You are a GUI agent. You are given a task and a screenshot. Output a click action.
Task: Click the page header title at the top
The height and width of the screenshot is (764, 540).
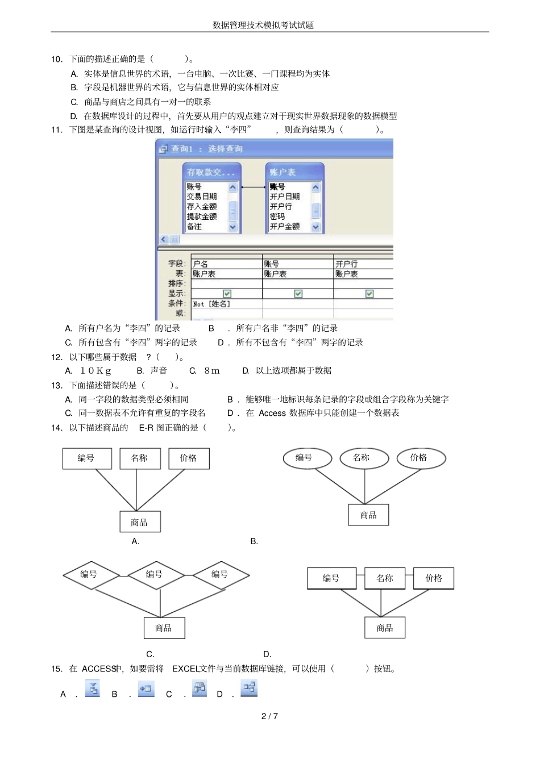(x=263, y=25)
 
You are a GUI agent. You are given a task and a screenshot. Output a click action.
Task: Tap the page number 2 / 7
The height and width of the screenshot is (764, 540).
(x=269, y=716)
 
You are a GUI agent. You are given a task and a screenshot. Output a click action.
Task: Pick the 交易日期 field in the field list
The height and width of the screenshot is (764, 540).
(x=202, y=197)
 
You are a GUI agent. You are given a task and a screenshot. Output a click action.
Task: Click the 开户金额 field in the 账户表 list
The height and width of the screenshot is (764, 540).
(x=285, y=226)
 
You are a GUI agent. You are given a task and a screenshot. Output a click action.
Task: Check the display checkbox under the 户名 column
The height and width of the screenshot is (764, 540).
(x=227, y=294)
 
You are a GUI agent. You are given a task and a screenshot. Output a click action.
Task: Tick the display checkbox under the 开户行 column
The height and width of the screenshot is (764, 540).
(x=369, y=294)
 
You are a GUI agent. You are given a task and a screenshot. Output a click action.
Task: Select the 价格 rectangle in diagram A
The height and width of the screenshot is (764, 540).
(x=189, y=458)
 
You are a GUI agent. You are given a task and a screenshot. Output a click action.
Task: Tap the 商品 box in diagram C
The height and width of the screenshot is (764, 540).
(x=164, y=628)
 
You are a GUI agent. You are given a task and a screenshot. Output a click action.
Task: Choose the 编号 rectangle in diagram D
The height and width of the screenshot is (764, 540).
(x=331, y=578)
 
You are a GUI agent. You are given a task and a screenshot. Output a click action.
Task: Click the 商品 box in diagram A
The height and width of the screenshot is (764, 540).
(x=140, y=522)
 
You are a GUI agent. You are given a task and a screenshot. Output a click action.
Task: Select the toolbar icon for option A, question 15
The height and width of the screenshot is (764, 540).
(x=92, y=688)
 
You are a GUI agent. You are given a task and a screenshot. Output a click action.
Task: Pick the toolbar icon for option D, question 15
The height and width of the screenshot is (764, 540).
(x=249, y=688)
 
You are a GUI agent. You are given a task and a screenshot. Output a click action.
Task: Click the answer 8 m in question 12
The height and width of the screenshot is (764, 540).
(x=211, y=370)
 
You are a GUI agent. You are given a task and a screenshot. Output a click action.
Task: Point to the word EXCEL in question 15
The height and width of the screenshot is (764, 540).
(x=185, y=669)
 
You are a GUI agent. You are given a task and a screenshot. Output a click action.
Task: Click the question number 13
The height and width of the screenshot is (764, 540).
(x=57, y=385)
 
